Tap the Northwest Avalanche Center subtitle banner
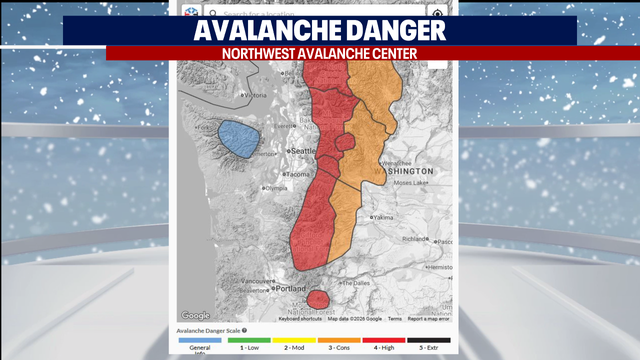click(x=320, y=53)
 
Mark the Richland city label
click(x=416, y=240)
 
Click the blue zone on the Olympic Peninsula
click(x=240, y=139)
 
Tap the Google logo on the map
click(x=195, y=316)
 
